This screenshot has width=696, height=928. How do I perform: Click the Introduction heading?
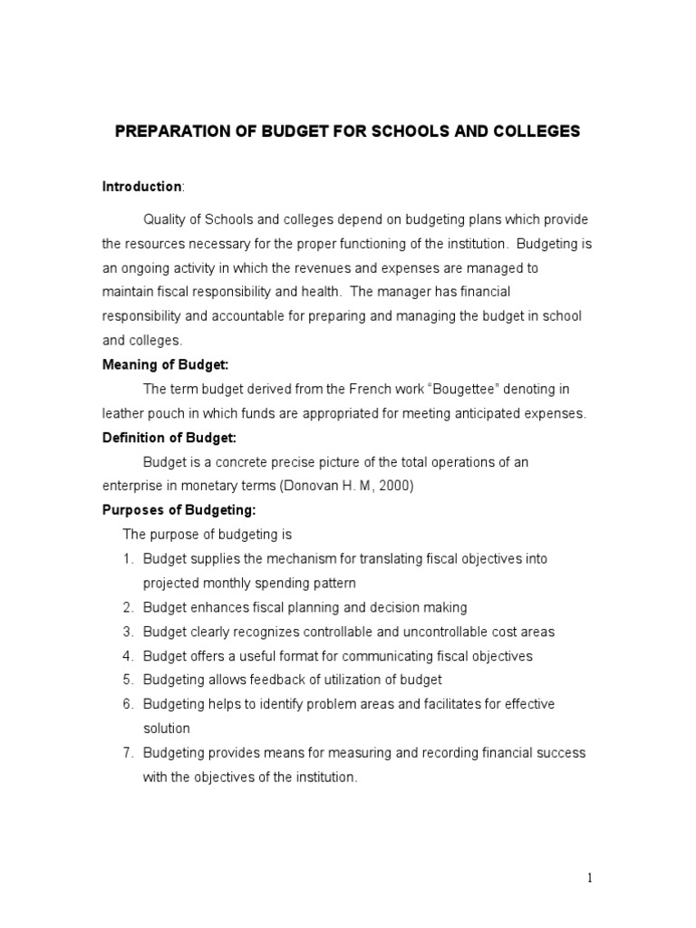coord(140,187)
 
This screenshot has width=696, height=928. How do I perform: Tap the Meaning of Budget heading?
coord(165,364)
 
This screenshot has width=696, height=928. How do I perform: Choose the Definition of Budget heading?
coord(169,438)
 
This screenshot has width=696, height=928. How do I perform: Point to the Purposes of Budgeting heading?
coord(172,510)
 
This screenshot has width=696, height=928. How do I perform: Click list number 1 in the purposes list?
coord(129,559)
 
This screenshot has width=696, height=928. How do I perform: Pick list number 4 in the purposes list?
coord(129,655)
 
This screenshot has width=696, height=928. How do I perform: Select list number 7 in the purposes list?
coord(129,753)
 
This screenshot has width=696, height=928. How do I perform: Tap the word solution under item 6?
coord(166,729)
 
